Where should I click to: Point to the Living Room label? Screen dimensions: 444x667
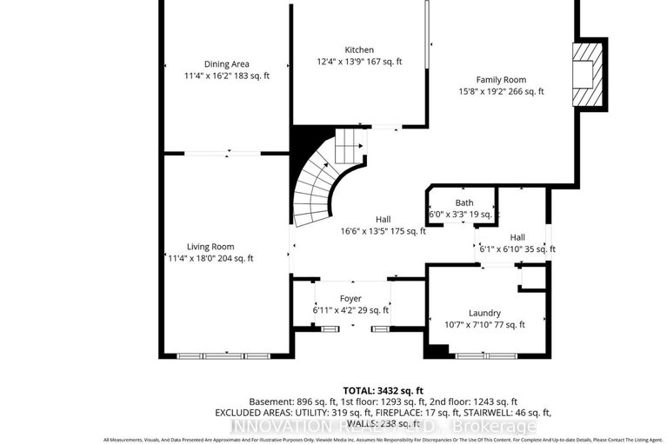210,246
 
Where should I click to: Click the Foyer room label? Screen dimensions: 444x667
350,298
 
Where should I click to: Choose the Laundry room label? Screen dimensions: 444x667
484,313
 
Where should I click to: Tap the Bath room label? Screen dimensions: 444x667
460,202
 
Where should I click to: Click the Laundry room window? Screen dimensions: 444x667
481,355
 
